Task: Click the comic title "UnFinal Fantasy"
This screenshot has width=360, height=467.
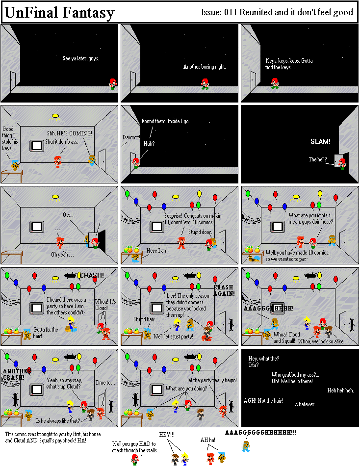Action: point(59,13)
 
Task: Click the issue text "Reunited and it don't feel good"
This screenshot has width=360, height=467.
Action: point(296,13)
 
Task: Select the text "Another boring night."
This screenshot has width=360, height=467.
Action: point(204,67)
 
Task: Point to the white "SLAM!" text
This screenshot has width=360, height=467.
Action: point(320,141)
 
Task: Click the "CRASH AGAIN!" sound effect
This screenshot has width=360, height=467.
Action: point(224,290)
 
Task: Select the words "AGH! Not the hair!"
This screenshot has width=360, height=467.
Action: point(263,401)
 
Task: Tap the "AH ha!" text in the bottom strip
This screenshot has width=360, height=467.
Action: point(208,440)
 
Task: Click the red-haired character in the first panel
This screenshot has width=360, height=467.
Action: point(113,83)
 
